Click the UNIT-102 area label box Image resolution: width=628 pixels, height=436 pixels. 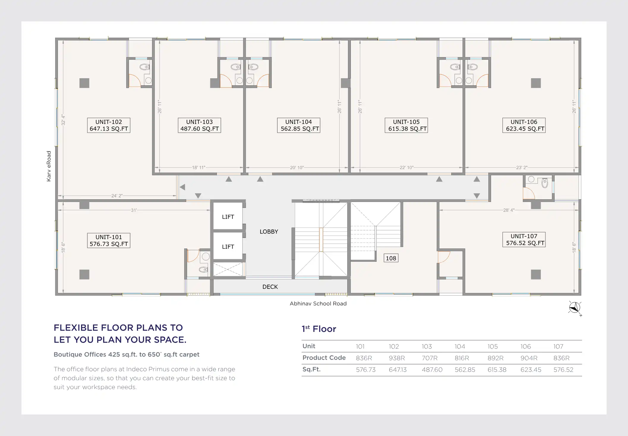[109, 125]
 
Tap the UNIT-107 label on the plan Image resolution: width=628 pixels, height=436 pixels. [524, 239]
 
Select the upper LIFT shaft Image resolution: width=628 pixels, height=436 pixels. [228, 216]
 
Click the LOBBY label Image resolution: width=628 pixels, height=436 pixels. [269, 232]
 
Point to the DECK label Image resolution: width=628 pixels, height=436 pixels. [270, 287]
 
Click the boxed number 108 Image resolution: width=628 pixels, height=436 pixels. [391, 258]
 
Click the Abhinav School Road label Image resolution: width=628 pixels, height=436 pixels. [318, 304]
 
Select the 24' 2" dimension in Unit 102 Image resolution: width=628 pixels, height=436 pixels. [117, 196]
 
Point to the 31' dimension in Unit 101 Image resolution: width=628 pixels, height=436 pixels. [134, 210]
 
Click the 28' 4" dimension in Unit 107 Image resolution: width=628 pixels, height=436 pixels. [509, 210]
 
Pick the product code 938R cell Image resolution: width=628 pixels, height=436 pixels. [397, 358]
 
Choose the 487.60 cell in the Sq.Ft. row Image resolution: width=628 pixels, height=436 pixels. [432, 370]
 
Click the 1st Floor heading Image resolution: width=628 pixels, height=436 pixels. [319, 329]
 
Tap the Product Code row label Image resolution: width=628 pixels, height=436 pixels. [324, 358]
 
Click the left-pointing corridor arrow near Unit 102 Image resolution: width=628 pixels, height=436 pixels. [182, 187]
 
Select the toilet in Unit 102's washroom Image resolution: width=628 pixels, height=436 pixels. [145, 67]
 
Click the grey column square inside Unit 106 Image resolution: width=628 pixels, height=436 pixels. [536, 83]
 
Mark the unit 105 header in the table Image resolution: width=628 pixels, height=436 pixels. [492, 346]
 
